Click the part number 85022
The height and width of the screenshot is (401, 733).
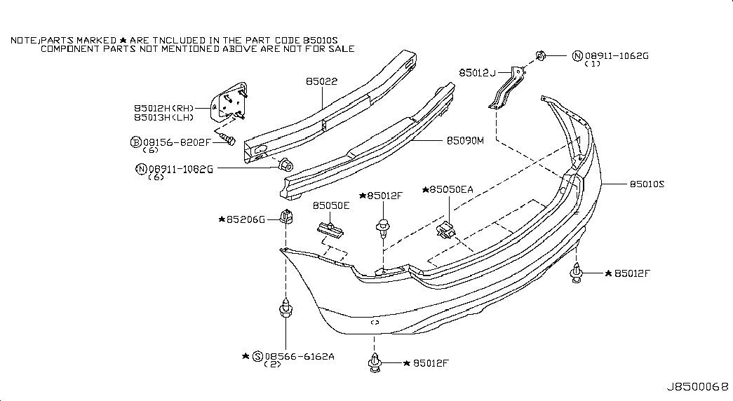point(322,81)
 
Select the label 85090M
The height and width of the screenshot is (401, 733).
point(465,141)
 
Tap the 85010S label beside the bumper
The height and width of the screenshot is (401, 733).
point(647,184)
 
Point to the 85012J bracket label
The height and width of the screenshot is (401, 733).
point(477,73)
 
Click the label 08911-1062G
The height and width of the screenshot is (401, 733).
point(617,56)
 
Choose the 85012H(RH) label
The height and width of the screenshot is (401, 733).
point(164,109)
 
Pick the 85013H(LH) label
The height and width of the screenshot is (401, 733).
point(163,118)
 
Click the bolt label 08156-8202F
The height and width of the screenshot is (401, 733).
point(177,142)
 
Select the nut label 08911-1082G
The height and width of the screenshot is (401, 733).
point(180,169)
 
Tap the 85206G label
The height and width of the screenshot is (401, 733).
point(246,219)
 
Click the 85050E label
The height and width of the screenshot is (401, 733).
point(331,205)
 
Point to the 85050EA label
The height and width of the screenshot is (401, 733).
point(451,190)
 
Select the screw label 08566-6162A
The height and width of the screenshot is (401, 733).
point(300,357)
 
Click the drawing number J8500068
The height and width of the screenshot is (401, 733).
point(697,388)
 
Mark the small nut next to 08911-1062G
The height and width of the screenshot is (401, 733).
point(539,56)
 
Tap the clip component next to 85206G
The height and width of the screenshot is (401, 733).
point(287,217)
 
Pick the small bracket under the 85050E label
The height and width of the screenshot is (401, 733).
point(330,229)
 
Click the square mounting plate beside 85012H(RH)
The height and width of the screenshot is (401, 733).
point(228,102)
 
